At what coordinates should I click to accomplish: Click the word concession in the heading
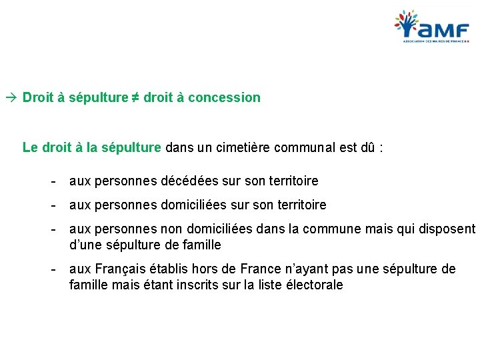[224, 97]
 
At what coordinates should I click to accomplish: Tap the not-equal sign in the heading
[135, 97]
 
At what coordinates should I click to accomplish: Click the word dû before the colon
[367, 147]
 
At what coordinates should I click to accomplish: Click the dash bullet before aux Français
[53, 269]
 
